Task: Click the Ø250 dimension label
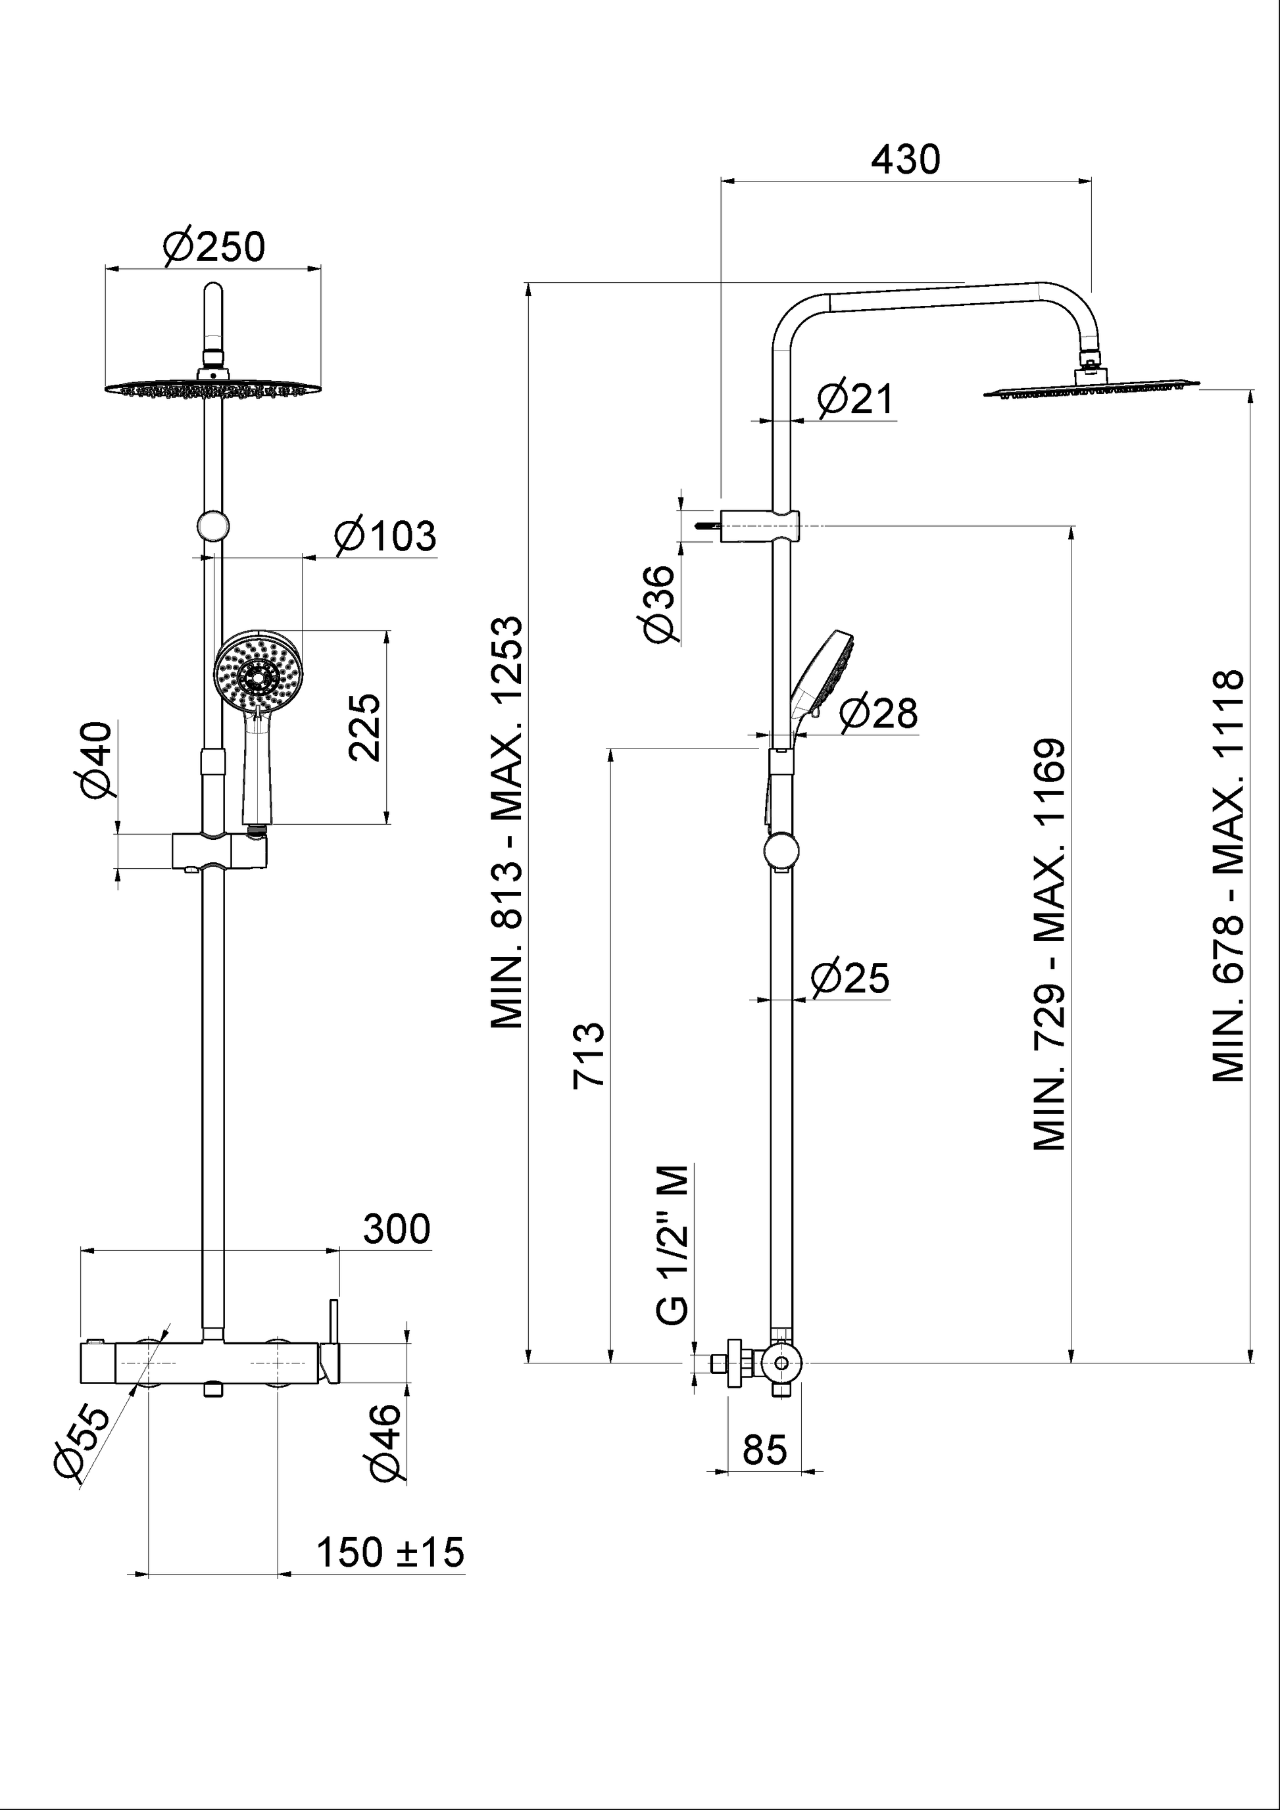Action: (x=214, y=247)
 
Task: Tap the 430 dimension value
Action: (x=906, y=160)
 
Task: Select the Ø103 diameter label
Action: (x=385, y=537)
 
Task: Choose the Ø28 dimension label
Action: (x=878, y=714)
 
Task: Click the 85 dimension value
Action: (x=764, y=1450)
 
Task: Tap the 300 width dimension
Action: (x=397, y=1229)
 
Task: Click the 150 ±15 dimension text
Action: (x=390, y=1553)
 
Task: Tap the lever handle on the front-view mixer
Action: (x=333, y=1341)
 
